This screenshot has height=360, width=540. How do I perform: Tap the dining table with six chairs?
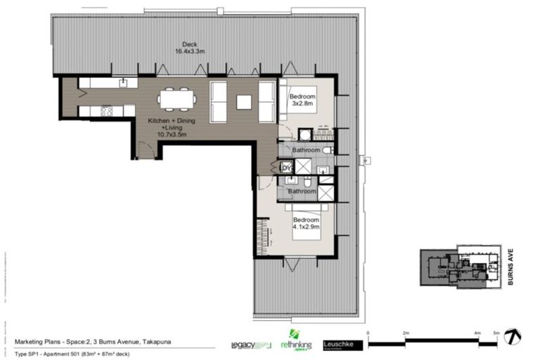[x=176, y=99]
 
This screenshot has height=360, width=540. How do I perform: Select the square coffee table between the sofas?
[x=243, y=102]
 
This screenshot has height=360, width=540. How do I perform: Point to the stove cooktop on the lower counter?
[x=108, y=110]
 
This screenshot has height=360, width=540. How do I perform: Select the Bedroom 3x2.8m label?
[x=303, y=101]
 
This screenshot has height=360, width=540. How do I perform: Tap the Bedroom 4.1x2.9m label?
[x=306, y=223]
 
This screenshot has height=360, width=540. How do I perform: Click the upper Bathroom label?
[x=307, y=150]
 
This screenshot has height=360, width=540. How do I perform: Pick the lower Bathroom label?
[x=301, y=191]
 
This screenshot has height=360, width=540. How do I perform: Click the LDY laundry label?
[x=285, y=167]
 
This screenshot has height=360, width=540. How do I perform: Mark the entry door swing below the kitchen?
[x=143, y=149]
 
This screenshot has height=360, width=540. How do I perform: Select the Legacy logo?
[x=250, y=345]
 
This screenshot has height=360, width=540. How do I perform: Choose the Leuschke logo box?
[x=337, y=345]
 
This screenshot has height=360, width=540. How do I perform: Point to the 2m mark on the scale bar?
[x=406, y=333]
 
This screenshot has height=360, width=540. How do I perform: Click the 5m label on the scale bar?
[x=496, y=333]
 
